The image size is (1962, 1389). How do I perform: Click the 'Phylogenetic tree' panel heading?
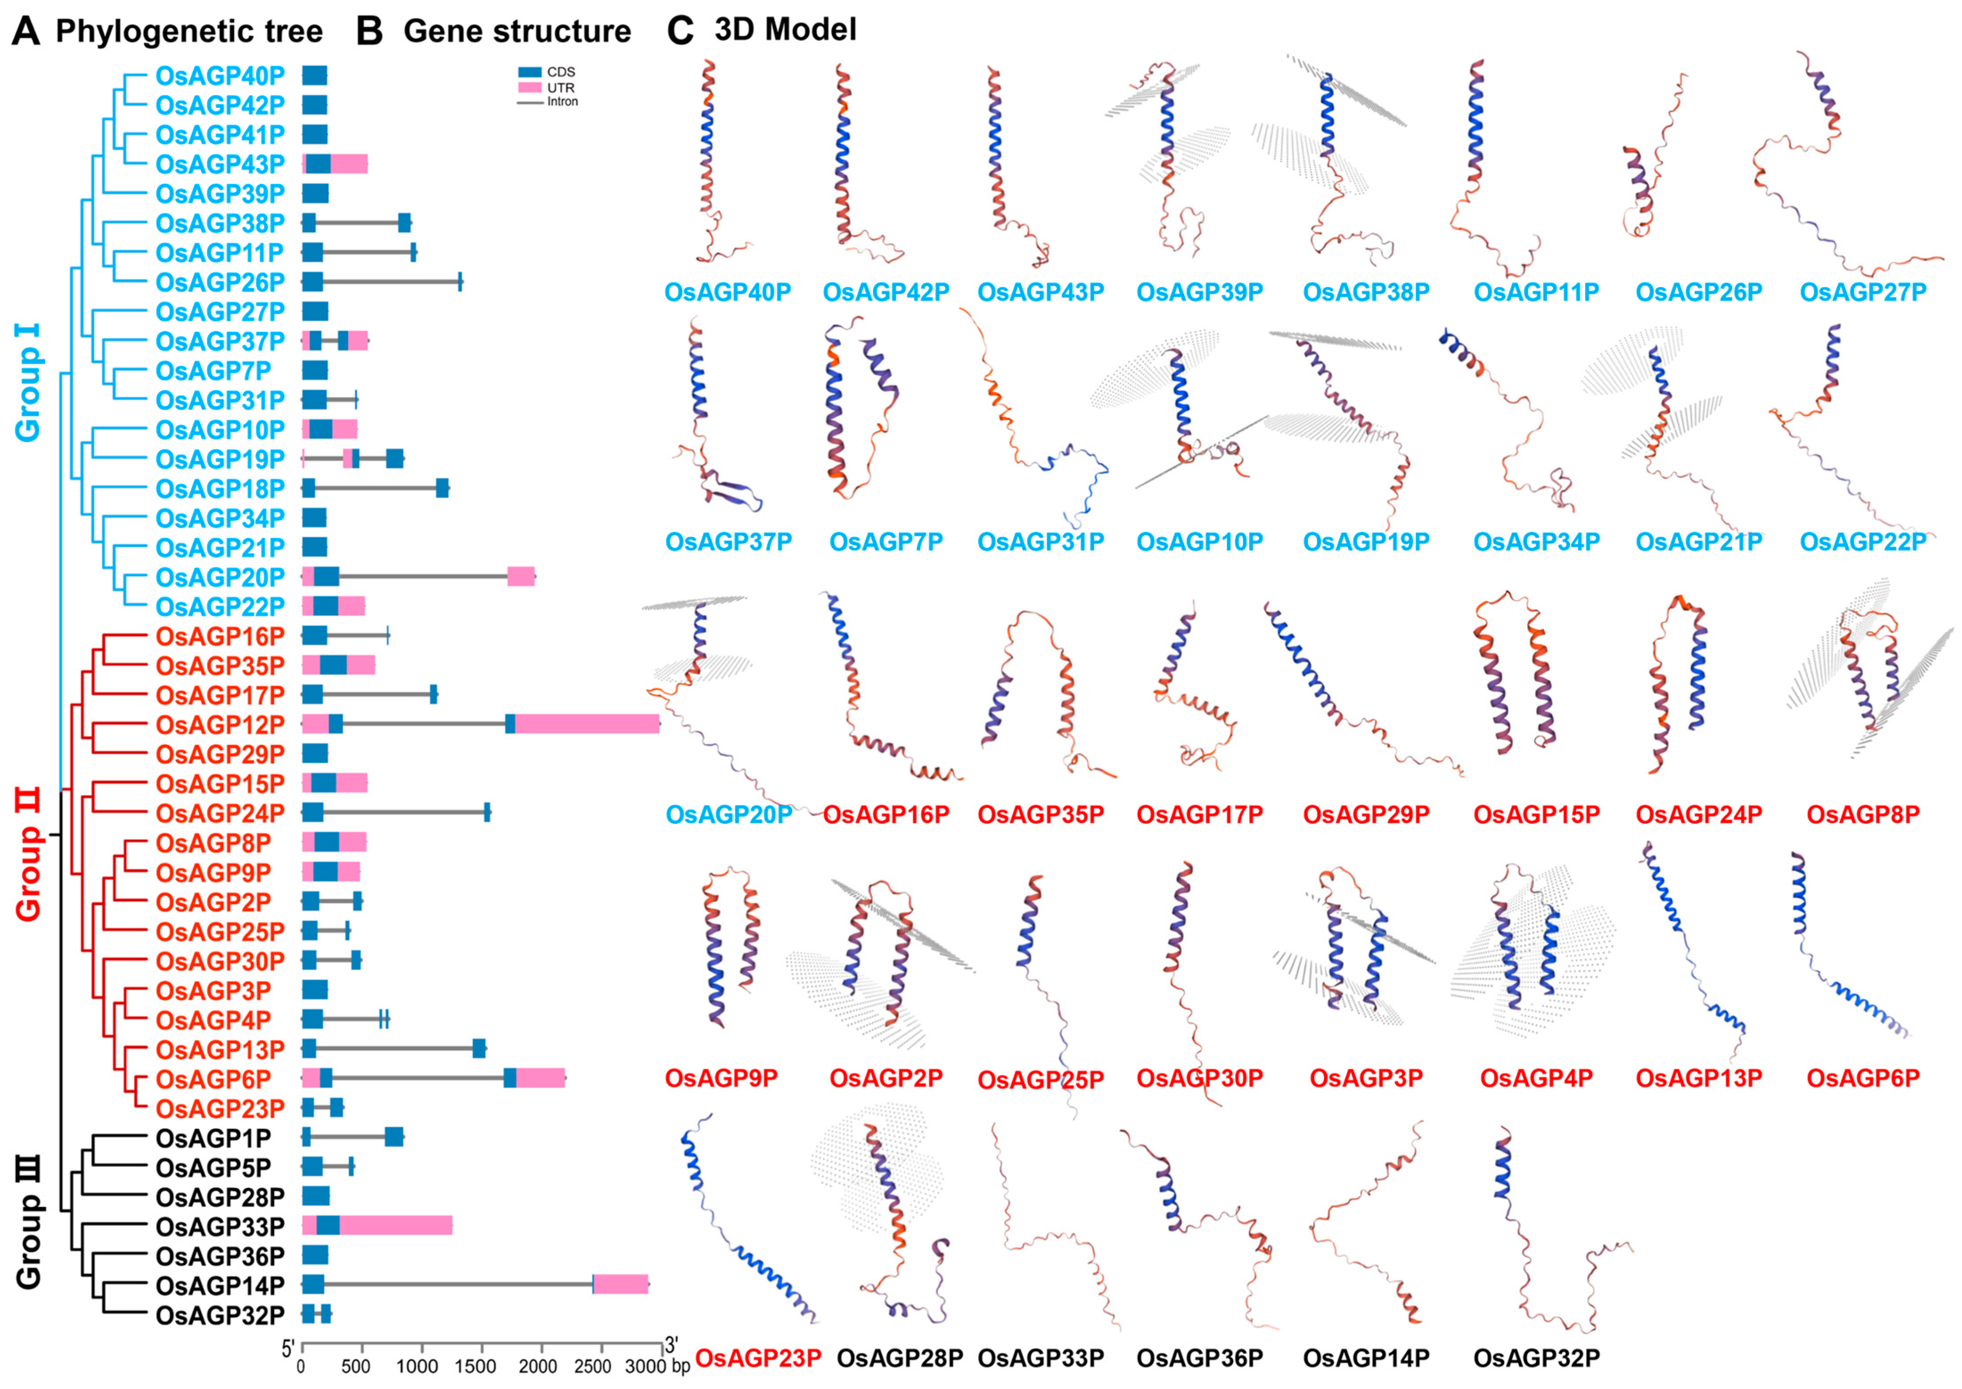(x=188, y=32)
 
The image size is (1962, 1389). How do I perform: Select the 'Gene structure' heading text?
(x=517, y=32)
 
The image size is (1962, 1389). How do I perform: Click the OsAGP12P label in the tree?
(x=220, y=725)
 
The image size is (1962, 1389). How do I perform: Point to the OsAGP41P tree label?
(x=220, y=134)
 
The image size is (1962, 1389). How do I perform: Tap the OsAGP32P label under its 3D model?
(x=1536, y=1357)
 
